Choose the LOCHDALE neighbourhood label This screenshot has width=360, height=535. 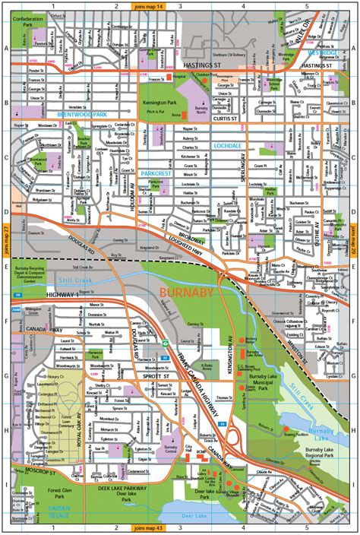coord(207,144)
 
